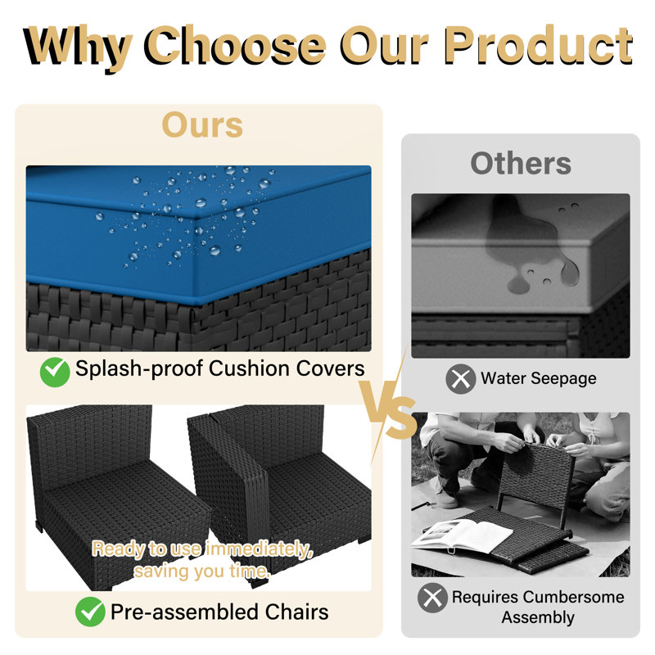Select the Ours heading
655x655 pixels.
pyautogui.click(x=202, y=124)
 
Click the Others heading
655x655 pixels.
pyautogui.click(x=521, y=163)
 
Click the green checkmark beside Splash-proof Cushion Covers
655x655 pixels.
pyautogui.click(x=55, y=372)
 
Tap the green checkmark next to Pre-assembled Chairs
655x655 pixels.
pyautogui.click(x=90, y=612)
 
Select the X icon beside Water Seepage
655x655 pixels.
pyautogui.click(x=461, y=379)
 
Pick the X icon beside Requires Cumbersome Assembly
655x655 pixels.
pyautogui.click(x=432, y=598)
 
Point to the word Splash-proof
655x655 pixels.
pyautogui.click(x=139, y=369)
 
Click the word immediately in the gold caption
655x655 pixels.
pyautogui.click(x=259, y=549)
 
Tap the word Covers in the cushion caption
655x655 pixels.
pyautogui.click(x=330, y=368)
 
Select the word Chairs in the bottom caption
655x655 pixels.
pyautogui.click(x=296, y=612)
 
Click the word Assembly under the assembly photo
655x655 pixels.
pyautogui.click(x=538, y=617)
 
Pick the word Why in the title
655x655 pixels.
pyautogui.click(x=76, y=46)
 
